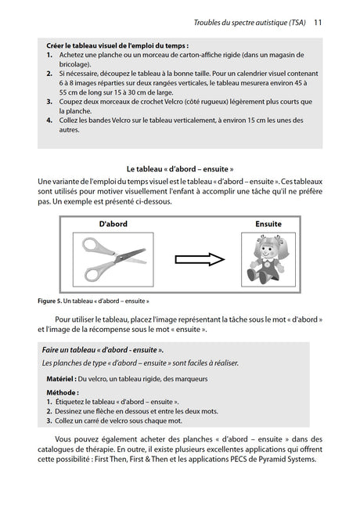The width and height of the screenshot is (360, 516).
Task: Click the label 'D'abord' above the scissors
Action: [x=113, y=224]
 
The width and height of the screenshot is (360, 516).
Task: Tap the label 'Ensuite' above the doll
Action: [x=268, y=224]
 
